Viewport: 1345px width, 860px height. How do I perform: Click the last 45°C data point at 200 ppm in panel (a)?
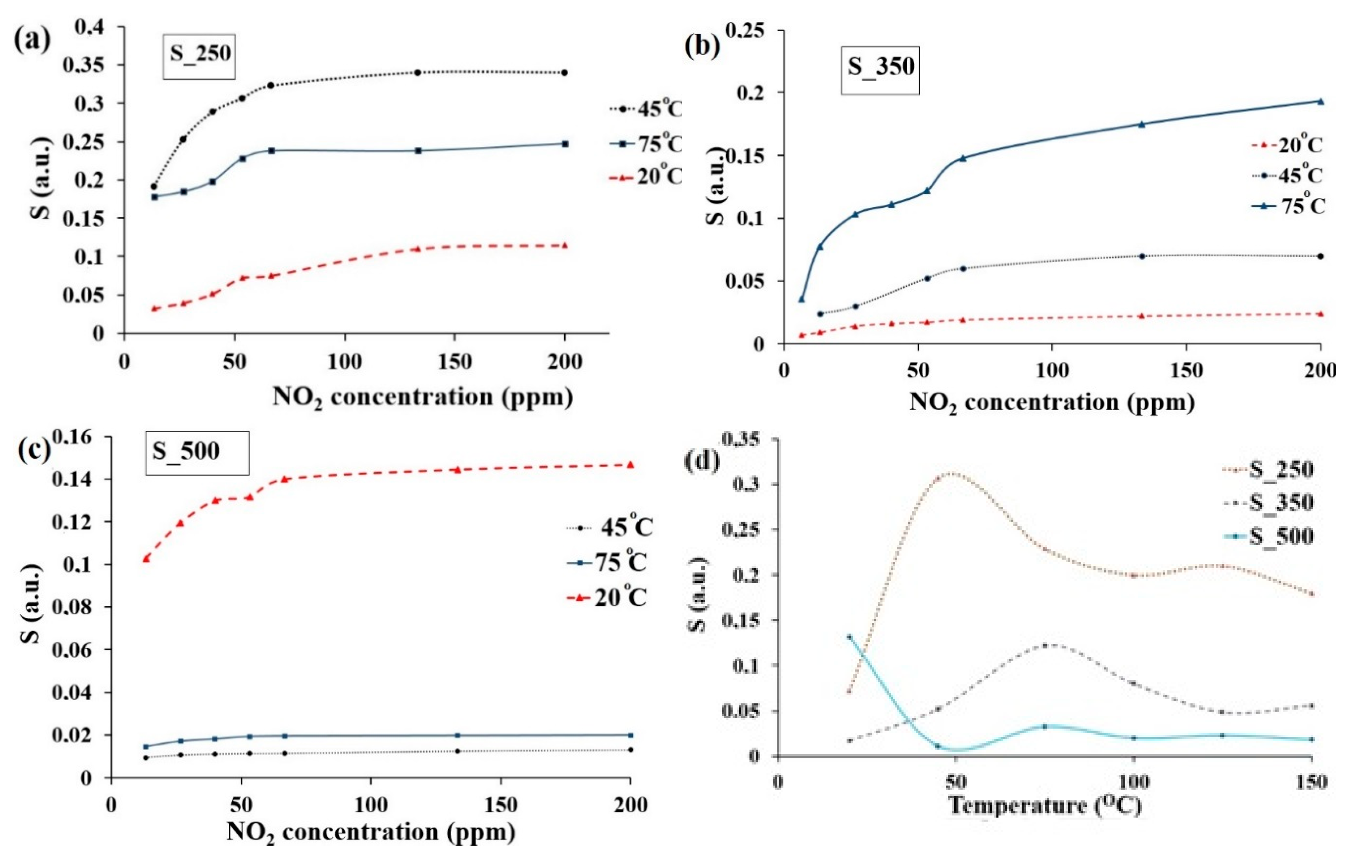point(565,73)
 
